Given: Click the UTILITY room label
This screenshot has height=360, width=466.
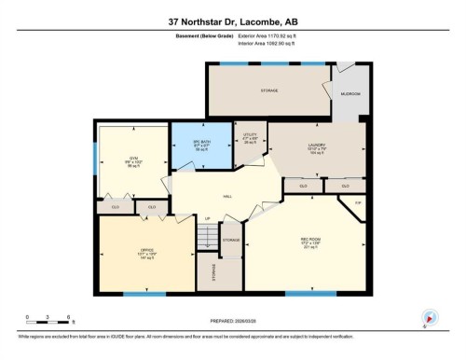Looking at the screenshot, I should [x=250, y=135].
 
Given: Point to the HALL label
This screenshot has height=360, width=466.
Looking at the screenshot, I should [x=226, y=197].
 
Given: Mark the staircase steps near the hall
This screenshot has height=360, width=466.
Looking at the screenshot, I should [x=207, y=238].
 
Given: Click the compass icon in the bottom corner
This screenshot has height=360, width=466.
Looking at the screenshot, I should [x=430, y=316].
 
